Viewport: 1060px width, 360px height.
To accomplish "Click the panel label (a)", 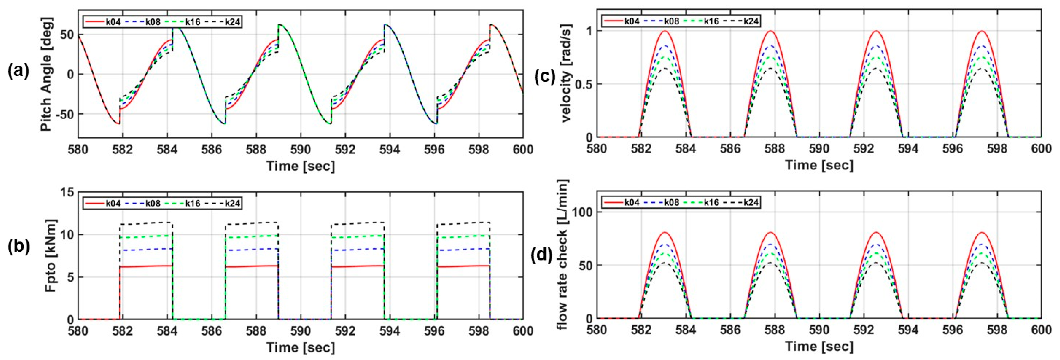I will (x=18, y=72).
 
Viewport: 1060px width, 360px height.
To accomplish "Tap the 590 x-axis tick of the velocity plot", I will (x=819, y=149).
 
